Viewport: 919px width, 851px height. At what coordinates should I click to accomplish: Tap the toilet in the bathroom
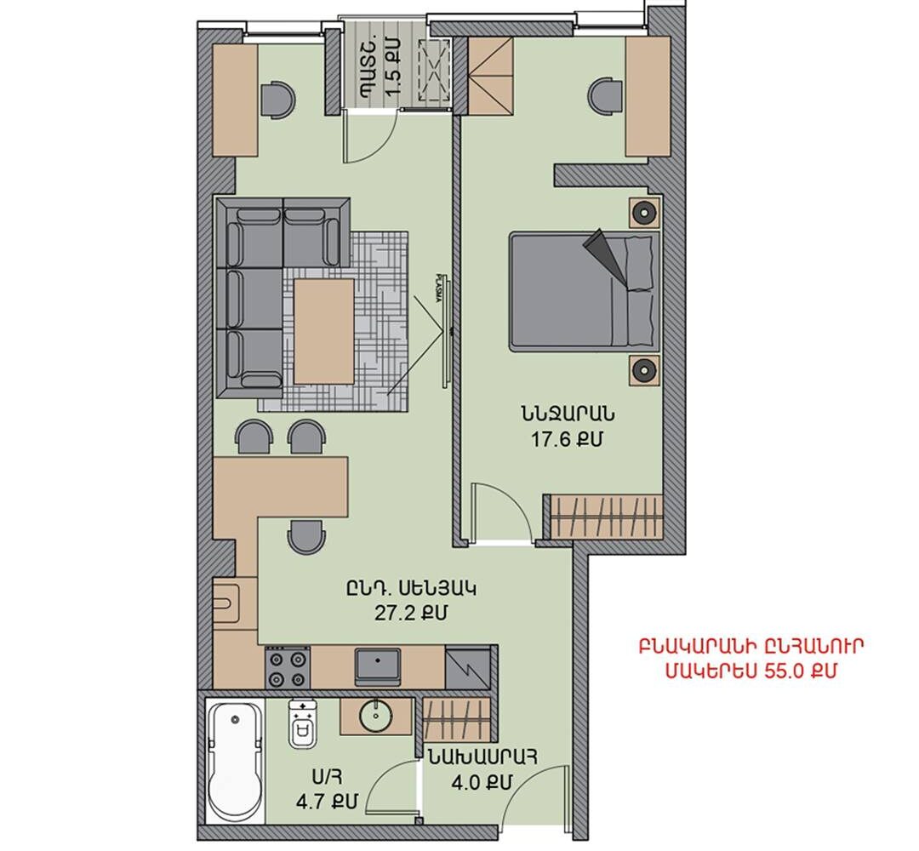[x=302, y=724]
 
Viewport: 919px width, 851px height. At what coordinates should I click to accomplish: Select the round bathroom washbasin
[x=376, y=716]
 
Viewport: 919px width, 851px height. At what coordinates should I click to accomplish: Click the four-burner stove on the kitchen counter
[x=288, y=667]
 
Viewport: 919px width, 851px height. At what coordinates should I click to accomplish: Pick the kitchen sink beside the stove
[x=378, y=665]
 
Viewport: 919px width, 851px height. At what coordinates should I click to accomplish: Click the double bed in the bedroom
[x=585, y=291]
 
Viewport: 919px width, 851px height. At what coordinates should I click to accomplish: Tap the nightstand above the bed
[x=645, y=212]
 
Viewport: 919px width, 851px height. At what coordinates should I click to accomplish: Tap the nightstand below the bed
[x=645, y=370]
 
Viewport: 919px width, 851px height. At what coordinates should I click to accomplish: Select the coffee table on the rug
[x=324, y=332]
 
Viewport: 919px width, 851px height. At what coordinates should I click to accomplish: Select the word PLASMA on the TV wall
[x=438, y=287]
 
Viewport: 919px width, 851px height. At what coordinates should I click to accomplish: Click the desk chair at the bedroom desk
[x=605, y=94]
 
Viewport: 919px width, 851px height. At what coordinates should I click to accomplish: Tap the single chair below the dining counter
[x=306, y=535]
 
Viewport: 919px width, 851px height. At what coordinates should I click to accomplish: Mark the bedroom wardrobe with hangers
[x=607, y=517]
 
